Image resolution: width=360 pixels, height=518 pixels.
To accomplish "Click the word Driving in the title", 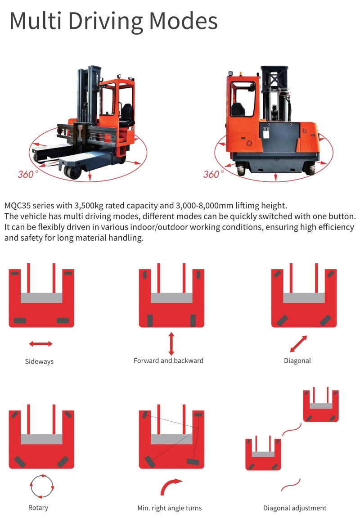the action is pos(106,22).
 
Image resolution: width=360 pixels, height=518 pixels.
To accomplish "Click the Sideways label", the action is pos(39,361).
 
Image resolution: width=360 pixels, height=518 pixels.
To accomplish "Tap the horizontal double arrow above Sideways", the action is pos(40,344).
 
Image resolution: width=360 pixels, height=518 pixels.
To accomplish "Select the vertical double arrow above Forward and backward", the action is pos(171,344).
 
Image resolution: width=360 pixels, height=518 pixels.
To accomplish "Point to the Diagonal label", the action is pos(297,360).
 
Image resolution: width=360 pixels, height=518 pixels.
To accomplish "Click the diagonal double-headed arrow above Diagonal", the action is pos(298,344).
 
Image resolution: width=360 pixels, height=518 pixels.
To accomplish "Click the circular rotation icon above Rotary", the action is pos(41,486).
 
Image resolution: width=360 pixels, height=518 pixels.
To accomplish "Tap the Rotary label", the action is pos(38,508).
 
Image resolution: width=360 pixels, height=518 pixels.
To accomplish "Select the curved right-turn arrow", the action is pos(171,486).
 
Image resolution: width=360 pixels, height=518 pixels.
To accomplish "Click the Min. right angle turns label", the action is pos(170,508).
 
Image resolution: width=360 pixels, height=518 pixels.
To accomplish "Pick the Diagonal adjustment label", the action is pos(295,508).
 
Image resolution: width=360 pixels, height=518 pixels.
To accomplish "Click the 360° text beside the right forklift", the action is pos(213,174).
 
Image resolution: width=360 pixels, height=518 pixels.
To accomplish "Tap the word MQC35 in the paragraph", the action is pos(18,206).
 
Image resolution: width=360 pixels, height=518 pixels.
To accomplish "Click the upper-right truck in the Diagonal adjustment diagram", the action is pos(321,405).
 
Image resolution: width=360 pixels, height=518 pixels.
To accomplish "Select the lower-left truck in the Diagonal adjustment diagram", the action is pos(263,453).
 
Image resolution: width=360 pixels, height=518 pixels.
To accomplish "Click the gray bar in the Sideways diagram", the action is pos(41,298).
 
